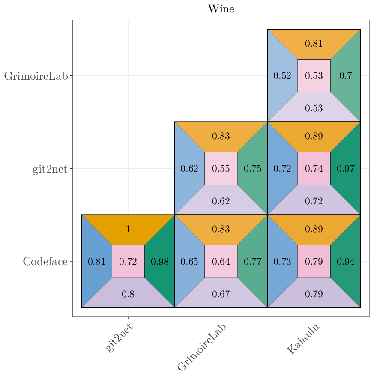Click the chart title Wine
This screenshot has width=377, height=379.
click(x=221, y=9)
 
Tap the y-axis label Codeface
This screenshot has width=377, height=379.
click(x=45, y=261)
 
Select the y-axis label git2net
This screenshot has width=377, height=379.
click(x=50, y=169)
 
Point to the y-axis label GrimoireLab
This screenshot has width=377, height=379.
click(x=36, y=76)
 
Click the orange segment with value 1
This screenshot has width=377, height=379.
click(x=128, y=229)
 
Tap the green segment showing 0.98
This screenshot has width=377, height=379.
click(x=160, y=261)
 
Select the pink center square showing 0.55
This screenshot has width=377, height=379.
click(x=221, y=168)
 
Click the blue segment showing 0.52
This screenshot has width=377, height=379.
click(x=282, y=76)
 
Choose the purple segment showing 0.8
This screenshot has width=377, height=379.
click(x=128, y=294)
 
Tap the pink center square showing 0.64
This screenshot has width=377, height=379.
click(x=221, y=261)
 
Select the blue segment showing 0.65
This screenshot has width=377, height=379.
click(x=189, y=261)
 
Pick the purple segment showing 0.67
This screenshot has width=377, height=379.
click(x=221, y=294)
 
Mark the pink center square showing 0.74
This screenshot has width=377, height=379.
click(x=314, y=168)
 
